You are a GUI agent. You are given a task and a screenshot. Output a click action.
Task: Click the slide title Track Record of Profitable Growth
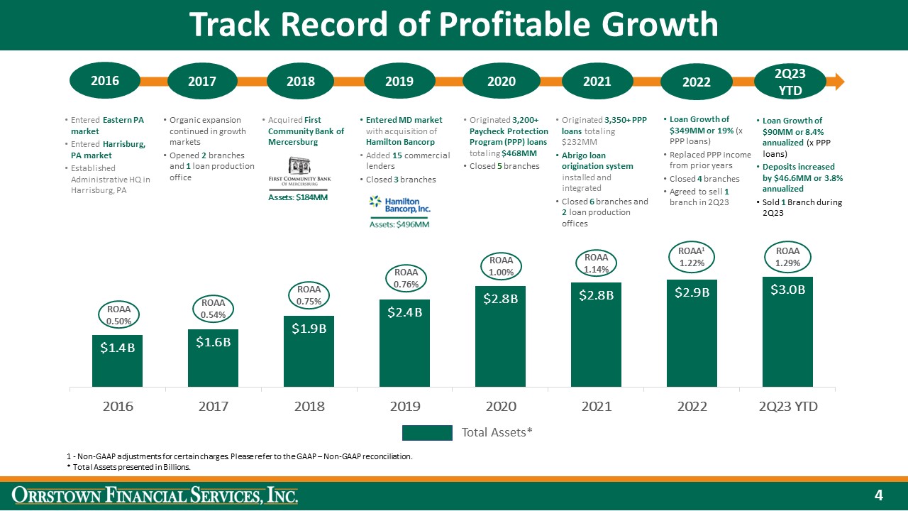tap(453, 26)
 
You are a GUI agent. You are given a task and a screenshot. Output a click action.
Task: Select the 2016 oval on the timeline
tap(105, 80)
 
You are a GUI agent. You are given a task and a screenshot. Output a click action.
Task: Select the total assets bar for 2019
tap(404, 344)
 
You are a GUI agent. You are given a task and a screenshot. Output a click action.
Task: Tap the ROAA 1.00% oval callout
tap(501, 266)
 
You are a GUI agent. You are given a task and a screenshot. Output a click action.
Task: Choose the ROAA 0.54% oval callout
tap(213, 309)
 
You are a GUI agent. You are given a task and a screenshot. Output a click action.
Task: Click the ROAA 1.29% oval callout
tap(787, 257)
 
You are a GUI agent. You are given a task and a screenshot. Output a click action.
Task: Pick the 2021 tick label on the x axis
tap(597, 407)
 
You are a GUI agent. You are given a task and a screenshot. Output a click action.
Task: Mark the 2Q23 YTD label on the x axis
tap(787, 407)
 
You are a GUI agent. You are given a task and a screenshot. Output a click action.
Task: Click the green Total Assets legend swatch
tap(427, 432)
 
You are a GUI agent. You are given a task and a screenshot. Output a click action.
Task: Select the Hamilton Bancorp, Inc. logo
tap(399, 206)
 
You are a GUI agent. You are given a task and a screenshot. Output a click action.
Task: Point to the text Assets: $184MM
tap(297, 197)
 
